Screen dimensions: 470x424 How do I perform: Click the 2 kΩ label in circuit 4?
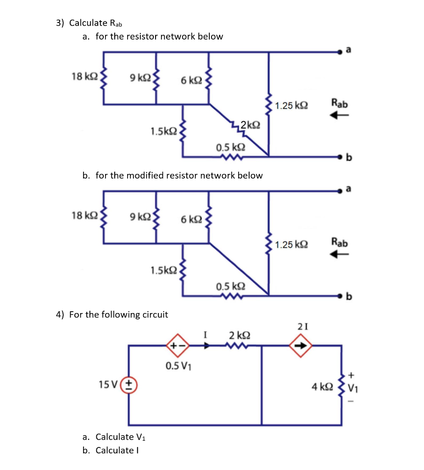pos(239,335)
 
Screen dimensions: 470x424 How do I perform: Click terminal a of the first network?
pos(340,53)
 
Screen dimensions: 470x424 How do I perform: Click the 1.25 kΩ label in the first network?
pos(292,106)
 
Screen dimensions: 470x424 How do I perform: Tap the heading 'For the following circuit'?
pos(118,314)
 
